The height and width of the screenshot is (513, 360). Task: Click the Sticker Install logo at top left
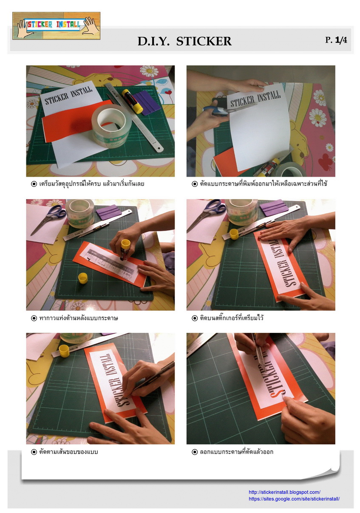tap(56, 25)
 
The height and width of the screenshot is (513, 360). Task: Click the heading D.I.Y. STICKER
tap(184, 41)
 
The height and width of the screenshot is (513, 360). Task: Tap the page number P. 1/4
tap(336, 40)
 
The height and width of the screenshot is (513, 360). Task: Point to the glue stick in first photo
tap(132, 101)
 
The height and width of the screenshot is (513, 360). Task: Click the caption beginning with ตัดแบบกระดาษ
tap(260, 184)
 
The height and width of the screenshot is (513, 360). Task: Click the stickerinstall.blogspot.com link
tap(284, 492)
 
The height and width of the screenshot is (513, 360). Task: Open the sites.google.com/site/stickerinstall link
tap(294, 499)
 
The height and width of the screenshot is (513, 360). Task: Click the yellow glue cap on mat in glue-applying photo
tap(83, 278)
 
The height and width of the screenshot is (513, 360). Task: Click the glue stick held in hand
tap(125, 249)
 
